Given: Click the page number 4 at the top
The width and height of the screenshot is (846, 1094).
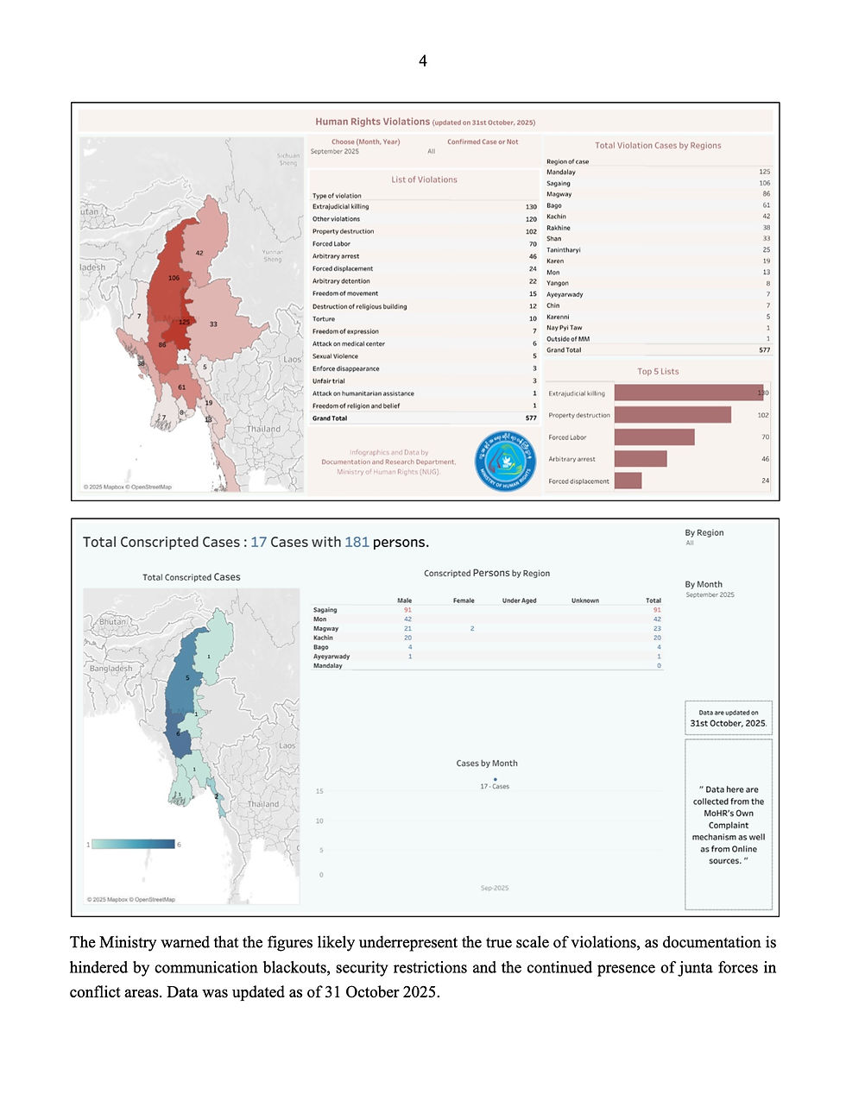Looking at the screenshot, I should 423,60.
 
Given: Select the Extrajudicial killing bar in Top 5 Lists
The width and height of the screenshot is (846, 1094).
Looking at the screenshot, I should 689,393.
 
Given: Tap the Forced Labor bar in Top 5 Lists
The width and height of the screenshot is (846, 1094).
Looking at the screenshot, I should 654,437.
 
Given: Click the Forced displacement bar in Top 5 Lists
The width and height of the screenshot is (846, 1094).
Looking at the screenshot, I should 628,481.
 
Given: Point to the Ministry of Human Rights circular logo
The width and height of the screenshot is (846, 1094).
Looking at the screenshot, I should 507,462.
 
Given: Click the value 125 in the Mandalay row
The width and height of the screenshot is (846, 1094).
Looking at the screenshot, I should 764,172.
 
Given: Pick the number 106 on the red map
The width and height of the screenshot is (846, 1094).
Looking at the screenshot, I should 174,278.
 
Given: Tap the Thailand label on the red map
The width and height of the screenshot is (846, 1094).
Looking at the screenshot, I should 263,429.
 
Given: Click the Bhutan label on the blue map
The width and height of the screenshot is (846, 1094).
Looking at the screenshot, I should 113,621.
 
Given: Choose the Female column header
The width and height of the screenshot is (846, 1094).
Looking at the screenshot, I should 464,600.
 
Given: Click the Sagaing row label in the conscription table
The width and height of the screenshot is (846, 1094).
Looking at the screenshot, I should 325,610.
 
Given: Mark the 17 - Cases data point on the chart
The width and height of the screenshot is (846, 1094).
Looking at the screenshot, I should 495,779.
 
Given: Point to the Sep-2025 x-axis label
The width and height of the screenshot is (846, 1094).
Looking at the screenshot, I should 495,888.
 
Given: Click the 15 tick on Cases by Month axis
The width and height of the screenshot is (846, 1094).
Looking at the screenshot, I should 319,791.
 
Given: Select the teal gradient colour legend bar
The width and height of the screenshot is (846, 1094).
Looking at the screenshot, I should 133,844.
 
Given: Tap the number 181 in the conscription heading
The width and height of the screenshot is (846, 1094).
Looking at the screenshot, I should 357,542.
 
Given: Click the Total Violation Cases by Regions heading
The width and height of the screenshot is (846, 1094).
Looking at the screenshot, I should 658,146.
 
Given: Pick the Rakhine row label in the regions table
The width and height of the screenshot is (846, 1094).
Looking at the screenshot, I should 559,228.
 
